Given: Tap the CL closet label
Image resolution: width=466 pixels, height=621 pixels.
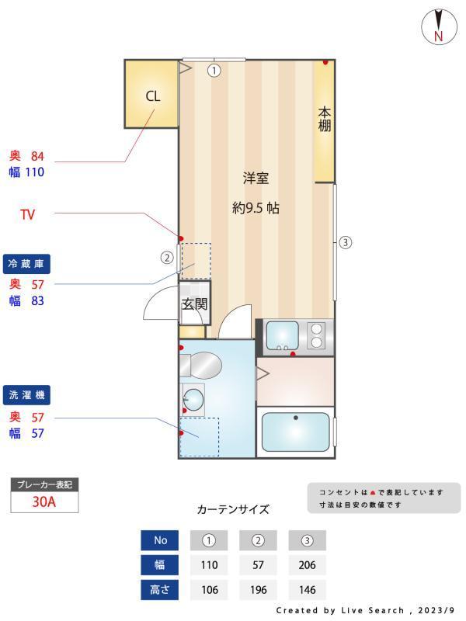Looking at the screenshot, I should click(153, 96).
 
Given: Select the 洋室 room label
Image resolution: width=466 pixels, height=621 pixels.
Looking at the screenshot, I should click(256, 179).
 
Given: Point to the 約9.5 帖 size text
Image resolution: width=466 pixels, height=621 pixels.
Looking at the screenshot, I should click(256, 208).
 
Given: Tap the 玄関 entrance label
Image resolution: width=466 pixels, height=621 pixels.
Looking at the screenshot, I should click(194, 304).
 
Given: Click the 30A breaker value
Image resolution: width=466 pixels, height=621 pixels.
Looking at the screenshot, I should click(44, 501).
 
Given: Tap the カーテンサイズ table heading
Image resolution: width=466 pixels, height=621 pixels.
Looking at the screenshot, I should click(233, 510).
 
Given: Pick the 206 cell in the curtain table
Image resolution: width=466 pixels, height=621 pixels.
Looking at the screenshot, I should click(307, 565).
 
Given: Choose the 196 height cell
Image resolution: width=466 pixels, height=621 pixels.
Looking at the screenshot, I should click(259, 590).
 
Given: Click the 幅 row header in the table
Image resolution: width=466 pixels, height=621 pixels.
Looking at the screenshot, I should click(160, 565).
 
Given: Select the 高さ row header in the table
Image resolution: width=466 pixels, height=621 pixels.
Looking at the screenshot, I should click(160, 590).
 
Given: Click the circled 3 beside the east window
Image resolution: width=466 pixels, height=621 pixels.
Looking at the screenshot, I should click(346, 242).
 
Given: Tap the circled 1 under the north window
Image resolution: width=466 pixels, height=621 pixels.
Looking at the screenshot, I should click(214, 71).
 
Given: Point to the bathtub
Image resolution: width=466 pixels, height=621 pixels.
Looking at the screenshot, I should click(295, 432).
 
